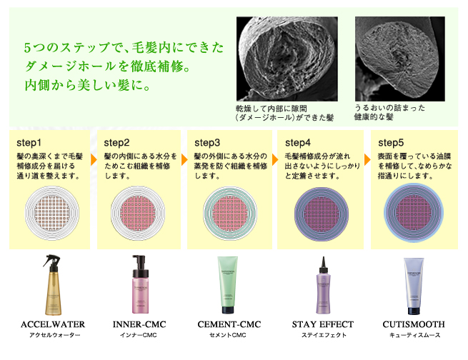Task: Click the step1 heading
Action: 29,143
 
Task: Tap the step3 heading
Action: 207,143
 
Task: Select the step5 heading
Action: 391,143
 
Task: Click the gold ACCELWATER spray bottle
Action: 52,285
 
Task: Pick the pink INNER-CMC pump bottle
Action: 140,284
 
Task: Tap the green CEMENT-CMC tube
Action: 227,285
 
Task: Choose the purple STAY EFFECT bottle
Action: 323,285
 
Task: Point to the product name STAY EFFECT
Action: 323,324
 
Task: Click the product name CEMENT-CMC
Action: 229,324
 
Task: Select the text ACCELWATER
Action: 53,324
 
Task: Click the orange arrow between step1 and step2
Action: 94,160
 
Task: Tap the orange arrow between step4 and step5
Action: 367,160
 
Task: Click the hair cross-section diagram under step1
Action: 52,213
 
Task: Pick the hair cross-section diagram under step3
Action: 230,214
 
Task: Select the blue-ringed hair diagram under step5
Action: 414,213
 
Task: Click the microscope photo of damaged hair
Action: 287,59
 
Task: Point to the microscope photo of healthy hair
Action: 400,59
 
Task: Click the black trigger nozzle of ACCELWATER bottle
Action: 51,261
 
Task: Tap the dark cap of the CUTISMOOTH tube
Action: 414,311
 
